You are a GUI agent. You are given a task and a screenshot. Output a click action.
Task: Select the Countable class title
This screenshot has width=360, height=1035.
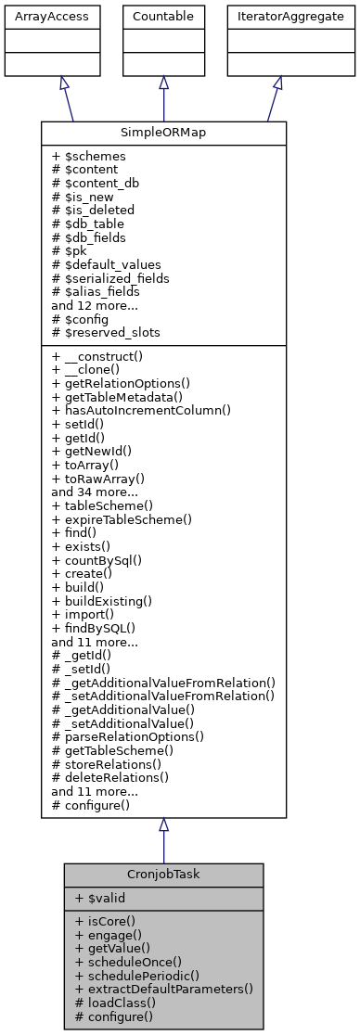point(163,16)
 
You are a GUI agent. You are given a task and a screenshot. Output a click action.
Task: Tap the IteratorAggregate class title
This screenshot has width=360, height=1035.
point(278,16)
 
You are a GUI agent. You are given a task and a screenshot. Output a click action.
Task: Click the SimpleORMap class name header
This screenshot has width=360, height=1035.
point(163,133)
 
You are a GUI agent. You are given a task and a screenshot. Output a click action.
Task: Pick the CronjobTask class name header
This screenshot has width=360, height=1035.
point(163,874)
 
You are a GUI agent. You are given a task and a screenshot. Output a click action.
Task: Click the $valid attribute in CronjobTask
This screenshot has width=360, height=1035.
point(104,898)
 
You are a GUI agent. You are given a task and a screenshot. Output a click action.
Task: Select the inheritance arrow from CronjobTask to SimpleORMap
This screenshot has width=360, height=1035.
point(163,840)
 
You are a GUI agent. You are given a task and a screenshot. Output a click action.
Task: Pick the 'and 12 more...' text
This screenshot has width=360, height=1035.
point(96,304)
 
